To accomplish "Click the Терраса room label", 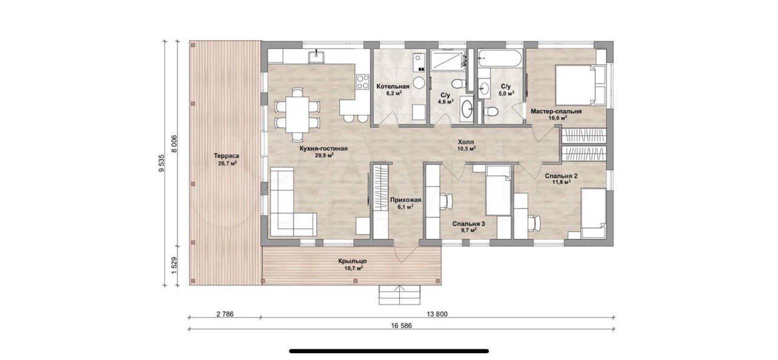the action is click(227, 156).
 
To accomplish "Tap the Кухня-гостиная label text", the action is click(324, 149).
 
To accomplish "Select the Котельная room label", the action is click(393, 86).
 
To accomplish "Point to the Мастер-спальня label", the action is click(556, 111).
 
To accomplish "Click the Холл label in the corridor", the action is click(466, 142).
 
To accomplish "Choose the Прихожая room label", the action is click(405, 200).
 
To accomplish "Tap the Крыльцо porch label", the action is click(353, 261).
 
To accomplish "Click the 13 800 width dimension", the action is click(437, 314).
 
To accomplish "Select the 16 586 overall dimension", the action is click(401, 325).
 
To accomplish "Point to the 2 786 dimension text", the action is click(225, 314).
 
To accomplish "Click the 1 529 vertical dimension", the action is click(174, 266).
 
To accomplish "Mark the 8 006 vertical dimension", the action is click(174, 143).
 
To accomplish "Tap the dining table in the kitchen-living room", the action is click(297, 115).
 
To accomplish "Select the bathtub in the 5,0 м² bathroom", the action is click(500, 58).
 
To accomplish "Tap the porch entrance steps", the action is click(400, 295).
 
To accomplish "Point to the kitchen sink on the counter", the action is click(74, 57).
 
